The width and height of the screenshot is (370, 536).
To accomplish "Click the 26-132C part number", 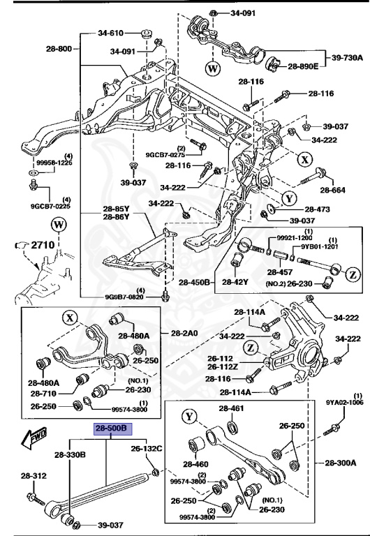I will coord(147,448).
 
